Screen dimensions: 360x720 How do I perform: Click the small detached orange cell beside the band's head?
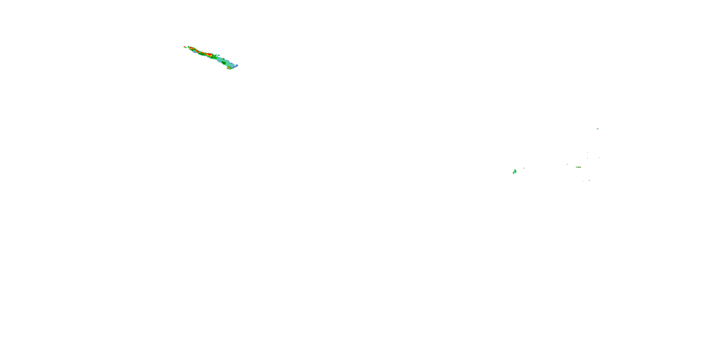(x=185, y=47)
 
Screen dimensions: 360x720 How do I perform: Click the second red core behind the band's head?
(x=198, y=51)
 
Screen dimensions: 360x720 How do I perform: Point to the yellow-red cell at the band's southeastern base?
(x=229, y=68)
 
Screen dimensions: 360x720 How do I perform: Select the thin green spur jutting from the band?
(x=218, y=55)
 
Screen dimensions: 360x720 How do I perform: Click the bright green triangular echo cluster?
(x=515, y=171)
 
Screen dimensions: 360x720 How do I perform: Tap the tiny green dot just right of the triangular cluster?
(x=524, y=168)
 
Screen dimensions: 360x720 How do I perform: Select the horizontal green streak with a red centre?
(x=578, y=167)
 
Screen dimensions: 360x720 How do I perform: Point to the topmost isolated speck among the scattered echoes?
(x=597, y=129)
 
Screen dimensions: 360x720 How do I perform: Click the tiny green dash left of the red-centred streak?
(x=567, y=164)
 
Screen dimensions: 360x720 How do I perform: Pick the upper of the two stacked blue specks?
(x=588, y=153)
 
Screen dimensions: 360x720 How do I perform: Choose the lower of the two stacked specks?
(x=588, y=158)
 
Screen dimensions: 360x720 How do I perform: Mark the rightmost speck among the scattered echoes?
(x=599, y=157)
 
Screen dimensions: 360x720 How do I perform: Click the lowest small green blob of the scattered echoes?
(x=589, y=180)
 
